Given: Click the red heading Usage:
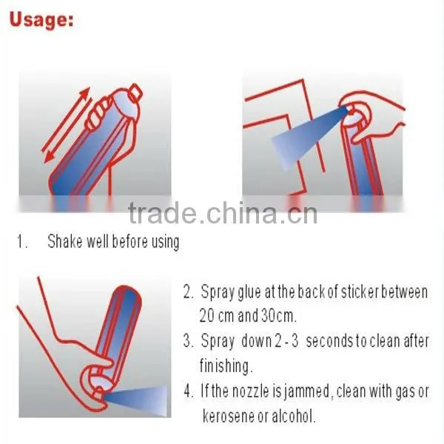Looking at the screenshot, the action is tap(41, 20).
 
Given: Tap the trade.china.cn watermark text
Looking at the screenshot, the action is tap(223, 212).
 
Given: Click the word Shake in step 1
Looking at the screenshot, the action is tap(65, 241).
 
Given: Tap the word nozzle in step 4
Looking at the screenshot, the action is tap(250, 391).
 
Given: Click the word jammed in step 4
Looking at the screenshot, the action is tap(306, 391).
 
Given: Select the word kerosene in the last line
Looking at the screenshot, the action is tap(228, 416).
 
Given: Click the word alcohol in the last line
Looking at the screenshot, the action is tap(293, 416).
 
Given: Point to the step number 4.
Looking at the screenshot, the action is tap(188, 391).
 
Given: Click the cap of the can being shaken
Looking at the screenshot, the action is tap(136, 93).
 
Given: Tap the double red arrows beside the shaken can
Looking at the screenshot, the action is tap(67, 124).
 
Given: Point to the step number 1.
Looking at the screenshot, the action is tap(22, 241).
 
